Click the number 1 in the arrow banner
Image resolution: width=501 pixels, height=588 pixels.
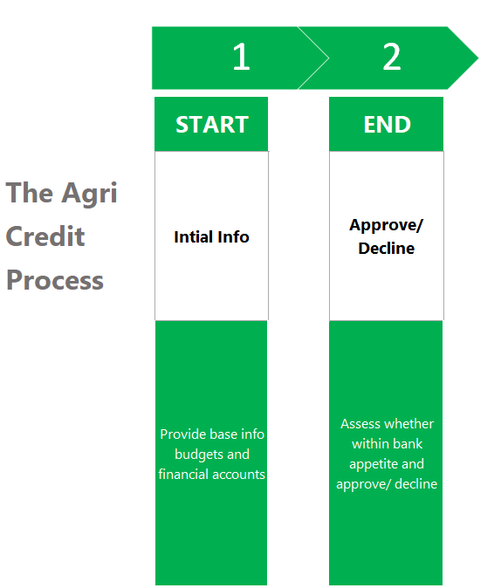click(x=241, y=57)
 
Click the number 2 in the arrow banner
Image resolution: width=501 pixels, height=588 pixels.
click(x=392, y=57)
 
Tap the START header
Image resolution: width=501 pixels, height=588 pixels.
click(x=212, y=125)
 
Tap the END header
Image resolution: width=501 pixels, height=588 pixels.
click(x=388, y=125)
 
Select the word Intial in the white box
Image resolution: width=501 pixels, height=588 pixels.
click(x=193, y=237)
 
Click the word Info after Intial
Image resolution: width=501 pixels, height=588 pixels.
click(x=233, y=237)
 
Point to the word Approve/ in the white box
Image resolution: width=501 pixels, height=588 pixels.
click(x=386, y=226)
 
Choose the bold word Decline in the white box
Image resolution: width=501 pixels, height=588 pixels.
click(x=386, y=249)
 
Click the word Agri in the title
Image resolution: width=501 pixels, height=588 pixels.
click(x=89, y=194)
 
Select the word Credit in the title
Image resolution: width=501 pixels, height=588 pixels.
click(x=45, y=236)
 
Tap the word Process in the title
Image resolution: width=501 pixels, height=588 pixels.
click(x=55, y=281)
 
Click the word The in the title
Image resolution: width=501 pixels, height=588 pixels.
click(x=30, y=192)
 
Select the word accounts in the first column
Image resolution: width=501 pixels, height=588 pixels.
click(x=237, y=475)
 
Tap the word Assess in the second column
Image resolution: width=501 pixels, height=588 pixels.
click(x=359, y=424)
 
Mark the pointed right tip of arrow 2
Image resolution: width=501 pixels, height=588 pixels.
click(x=478, y=58)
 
